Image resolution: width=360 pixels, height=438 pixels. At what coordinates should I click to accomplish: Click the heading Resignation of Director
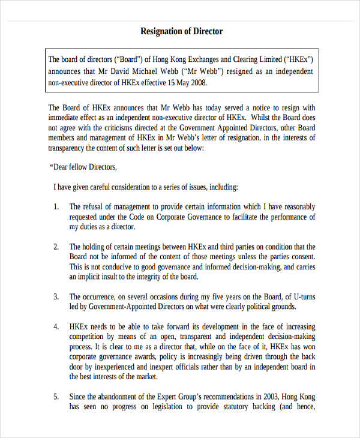[181, 31]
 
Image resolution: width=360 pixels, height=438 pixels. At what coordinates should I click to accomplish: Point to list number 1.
[56, 206]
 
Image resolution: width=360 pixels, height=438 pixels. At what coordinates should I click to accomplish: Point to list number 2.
[56, 247]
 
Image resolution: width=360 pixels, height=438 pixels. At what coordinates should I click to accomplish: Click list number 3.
[56, 296]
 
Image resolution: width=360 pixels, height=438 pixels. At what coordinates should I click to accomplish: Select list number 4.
[56, 326]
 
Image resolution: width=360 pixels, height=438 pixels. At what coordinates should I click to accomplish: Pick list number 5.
[56, 397]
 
